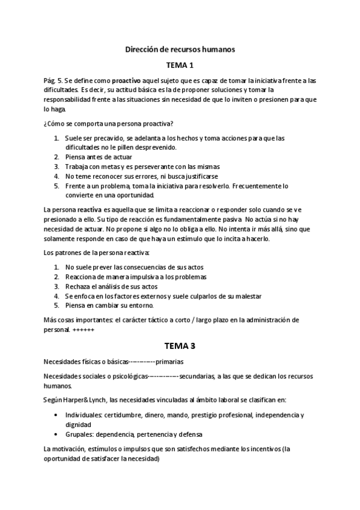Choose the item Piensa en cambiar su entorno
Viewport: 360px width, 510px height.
click(111, 306)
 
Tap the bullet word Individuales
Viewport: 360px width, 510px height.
click(84, 415)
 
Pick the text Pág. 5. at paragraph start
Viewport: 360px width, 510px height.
click(52, 81)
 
